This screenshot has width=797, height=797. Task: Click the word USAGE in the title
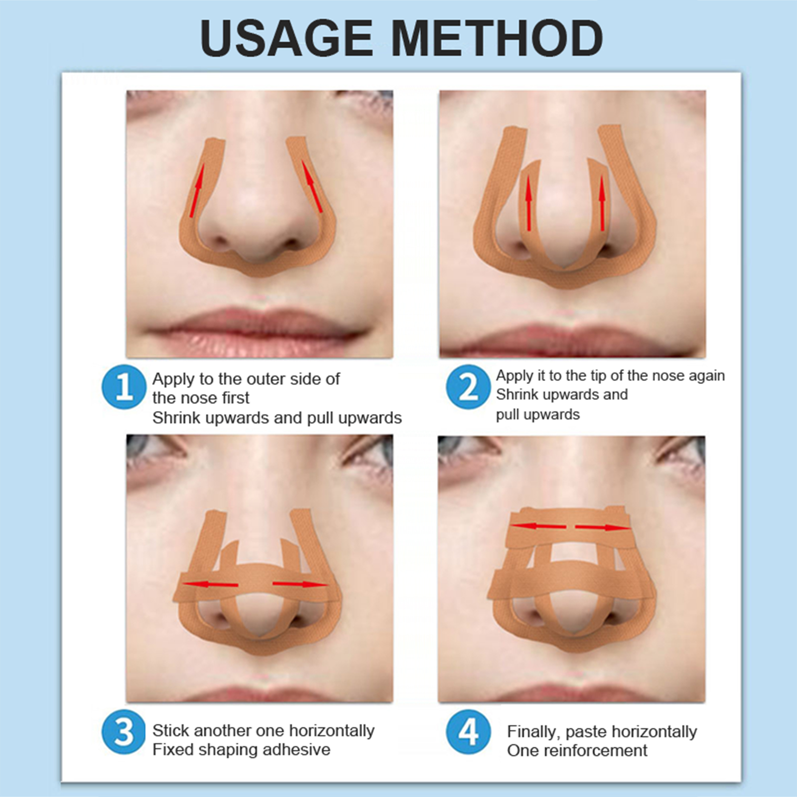[286, 38]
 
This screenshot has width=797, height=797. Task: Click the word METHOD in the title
[498, 38]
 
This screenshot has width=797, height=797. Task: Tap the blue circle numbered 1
[124, 387]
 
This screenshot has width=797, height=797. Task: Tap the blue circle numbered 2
[468, 387]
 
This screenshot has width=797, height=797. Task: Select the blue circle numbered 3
[124, 732]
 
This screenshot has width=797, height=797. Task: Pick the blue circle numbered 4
[468, 732]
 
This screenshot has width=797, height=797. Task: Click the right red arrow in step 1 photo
[311, 187]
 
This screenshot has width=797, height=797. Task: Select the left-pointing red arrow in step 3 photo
[210, 583]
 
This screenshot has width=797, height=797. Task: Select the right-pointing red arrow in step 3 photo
[300, 584]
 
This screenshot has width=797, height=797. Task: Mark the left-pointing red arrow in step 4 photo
[538, 526]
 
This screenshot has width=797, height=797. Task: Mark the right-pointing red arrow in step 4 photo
[603, 527]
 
